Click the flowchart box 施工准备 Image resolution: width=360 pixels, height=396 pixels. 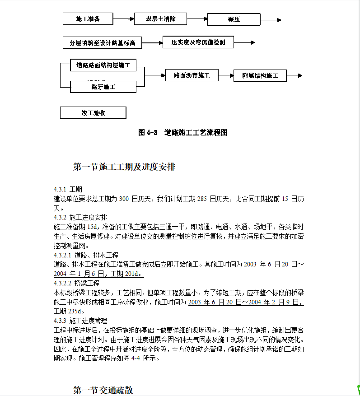(88, 19)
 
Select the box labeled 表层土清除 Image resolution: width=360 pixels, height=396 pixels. (160, 19)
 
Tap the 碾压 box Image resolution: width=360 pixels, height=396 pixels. (234, 19)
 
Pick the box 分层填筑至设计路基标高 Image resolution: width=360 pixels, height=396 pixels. (102, 43)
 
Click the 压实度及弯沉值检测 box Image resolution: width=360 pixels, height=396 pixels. (198, 42)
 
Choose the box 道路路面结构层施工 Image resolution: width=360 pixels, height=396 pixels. (103, 65)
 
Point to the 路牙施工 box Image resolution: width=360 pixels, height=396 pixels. (103, 87)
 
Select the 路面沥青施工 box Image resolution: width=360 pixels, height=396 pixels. (192, 75)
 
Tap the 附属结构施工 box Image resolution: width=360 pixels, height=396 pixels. (260, 75)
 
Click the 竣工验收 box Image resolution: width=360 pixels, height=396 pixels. (93, 112)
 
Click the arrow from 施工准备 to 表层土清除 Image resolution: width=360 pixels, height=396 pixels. (124, 19)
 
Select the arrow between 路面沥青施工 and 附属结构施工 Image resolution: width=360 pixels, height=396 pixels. (226, 75)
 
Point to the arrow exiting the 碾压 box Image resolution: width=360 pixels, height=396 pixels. (271, 20)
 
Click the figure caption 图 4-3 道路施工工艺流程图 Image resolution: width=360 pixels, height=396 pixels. (182, 133)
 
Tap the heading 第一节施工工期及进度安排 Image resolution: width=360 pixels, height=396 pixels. (124, 167)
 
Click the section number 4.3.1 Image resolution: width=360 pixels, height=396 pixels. (60, 189)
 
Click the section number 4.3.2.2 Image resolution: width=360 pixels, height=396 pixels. (63, 283)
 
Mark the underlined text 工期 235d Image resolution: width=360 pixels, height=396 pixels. (69, 311)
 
